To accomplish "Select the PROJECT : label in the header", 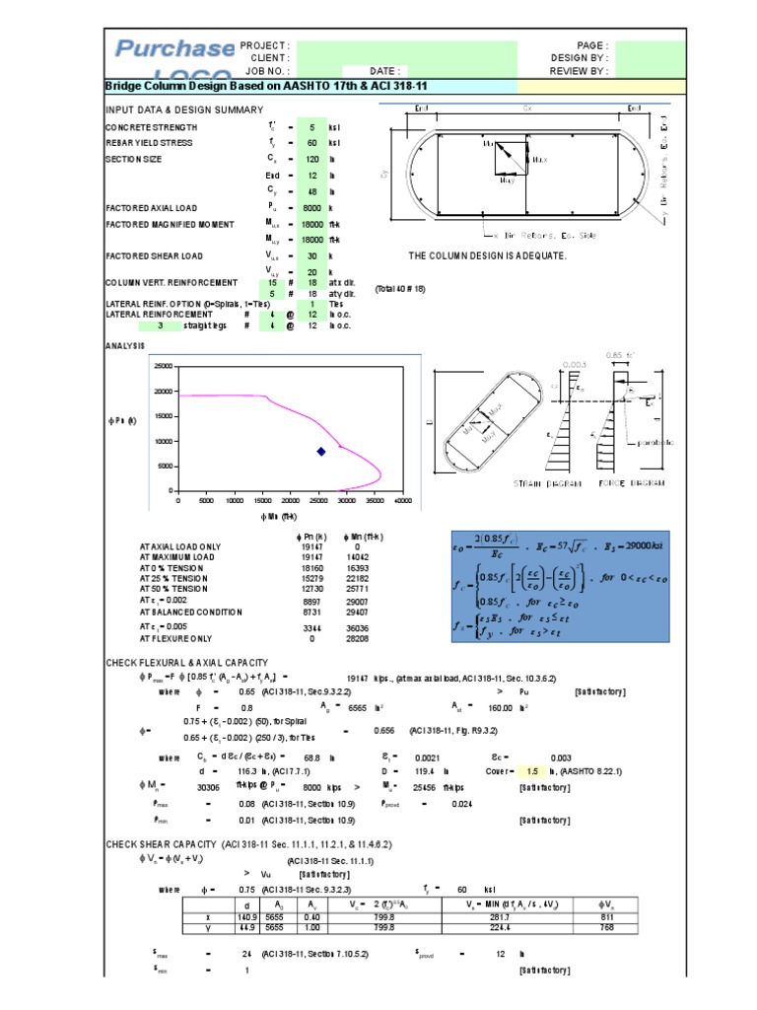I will click(x=264, y=45).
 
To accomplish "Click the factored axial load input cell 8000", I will click(x=310, y=208).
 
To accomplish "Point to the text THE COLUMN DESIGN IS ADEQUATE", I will click(x=487, y=255).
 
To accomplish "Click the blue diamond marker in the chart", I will click(x=320, y=452).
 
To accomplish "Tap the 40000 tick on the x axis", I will click(x=402, y=501).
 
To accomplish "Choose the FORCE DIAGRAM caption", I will click(x=631, y=483).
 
